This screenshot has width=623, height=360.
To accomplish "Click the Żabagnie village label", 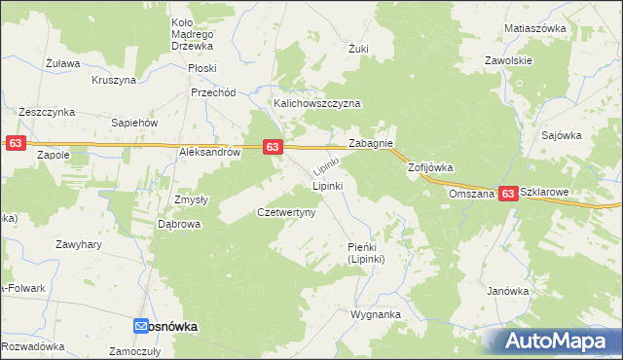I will [370, 143].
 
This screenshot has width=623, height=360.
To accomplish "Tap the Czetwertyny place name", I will [285, 212].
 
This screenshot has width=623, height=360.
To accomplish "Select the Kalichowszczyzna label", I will [317, 102].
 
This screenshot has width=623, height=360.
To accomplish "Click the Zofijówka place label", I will [430, 167].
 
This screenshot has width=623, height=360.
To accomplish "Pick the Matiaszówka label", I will [534, 28].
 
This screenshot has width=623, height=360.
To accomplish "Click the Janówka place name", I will [506, 290].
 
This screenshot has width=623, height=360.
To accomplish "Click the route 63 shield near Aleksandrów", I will [273, 147].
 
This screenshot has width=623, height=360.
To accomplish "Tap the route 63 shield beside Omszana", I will [508, 195].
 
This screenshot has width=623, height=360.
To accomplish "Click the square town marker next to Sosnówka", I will [140, 327].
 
